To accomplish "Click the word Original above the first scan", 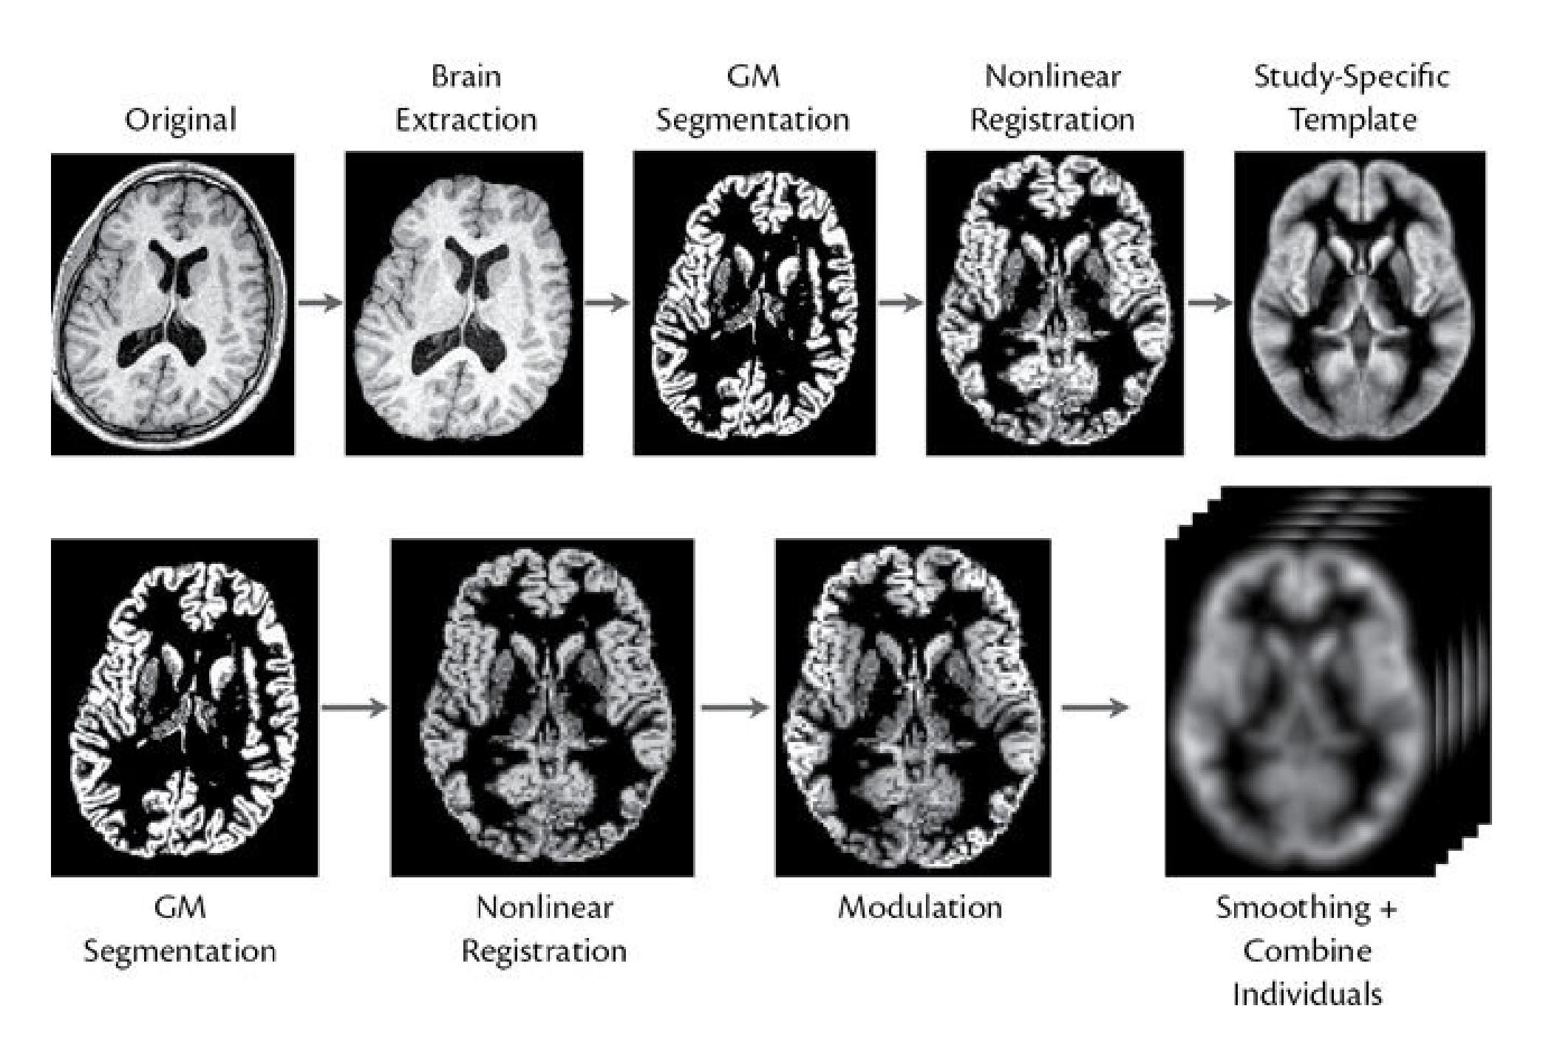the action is [180, 120].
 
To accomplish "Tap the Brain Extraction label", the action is [466, 98].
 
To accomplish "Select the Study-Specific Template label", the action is [1352, 98].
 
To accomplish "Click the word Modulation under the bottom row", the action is [920, 907].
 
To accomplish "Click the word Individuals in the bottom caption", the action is [1307, 993].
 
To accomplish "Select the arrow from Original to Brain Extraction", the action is [320, 302].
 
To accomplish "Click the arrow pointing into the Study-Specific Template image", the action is [1210, 302].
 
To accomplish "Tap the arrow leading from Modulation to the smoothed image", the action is [1095, 707].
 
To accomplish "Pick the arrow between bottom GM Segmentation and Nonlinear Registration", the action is [355, 707].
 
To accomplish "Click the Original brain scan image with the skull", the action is [172, 304].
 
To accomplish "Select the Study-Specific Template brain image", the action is [1360, 303].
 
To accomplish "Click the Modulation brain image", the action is [913, 707].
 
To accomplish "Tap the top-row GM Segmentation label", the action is [753, 98].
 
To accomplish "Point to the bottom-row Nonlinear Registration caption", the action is [545, 929].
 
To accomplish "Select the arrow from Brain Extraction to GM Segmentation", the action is [607, 302].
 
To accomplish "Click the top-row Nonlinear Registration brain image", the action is [1055, 303].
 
